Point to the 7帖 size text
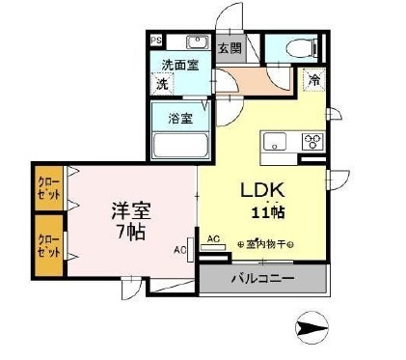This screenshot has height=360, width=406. [x=131, y=233]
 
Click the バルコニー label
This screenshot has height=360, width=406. [x=263, y=280]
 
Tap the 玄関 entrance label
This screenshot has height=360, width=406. [x=229, y=46]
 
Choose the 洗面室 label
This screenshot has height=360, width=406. [x=179, y=66]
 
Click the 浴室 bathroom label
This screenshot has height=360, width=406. [x=179, y=119]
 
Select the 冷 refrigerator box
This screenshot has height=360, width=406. [x=313, y=82]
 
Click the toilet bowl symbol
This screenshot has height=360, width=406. [x=298, y=45]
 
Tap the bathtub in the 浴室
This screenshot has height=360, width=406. [x=179, y=146]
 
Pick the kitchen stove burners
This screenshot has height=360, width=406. [x=313, y=142]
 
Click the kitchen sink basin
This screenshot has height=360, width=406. [x=274, y=142]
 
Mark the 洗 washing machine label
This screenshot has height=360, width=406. [x=163, y=83]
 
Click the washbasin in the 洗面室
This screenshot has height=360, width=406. [x=197, y=43]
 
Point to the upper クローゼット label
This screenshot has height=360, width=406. [x=46, y=186]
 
